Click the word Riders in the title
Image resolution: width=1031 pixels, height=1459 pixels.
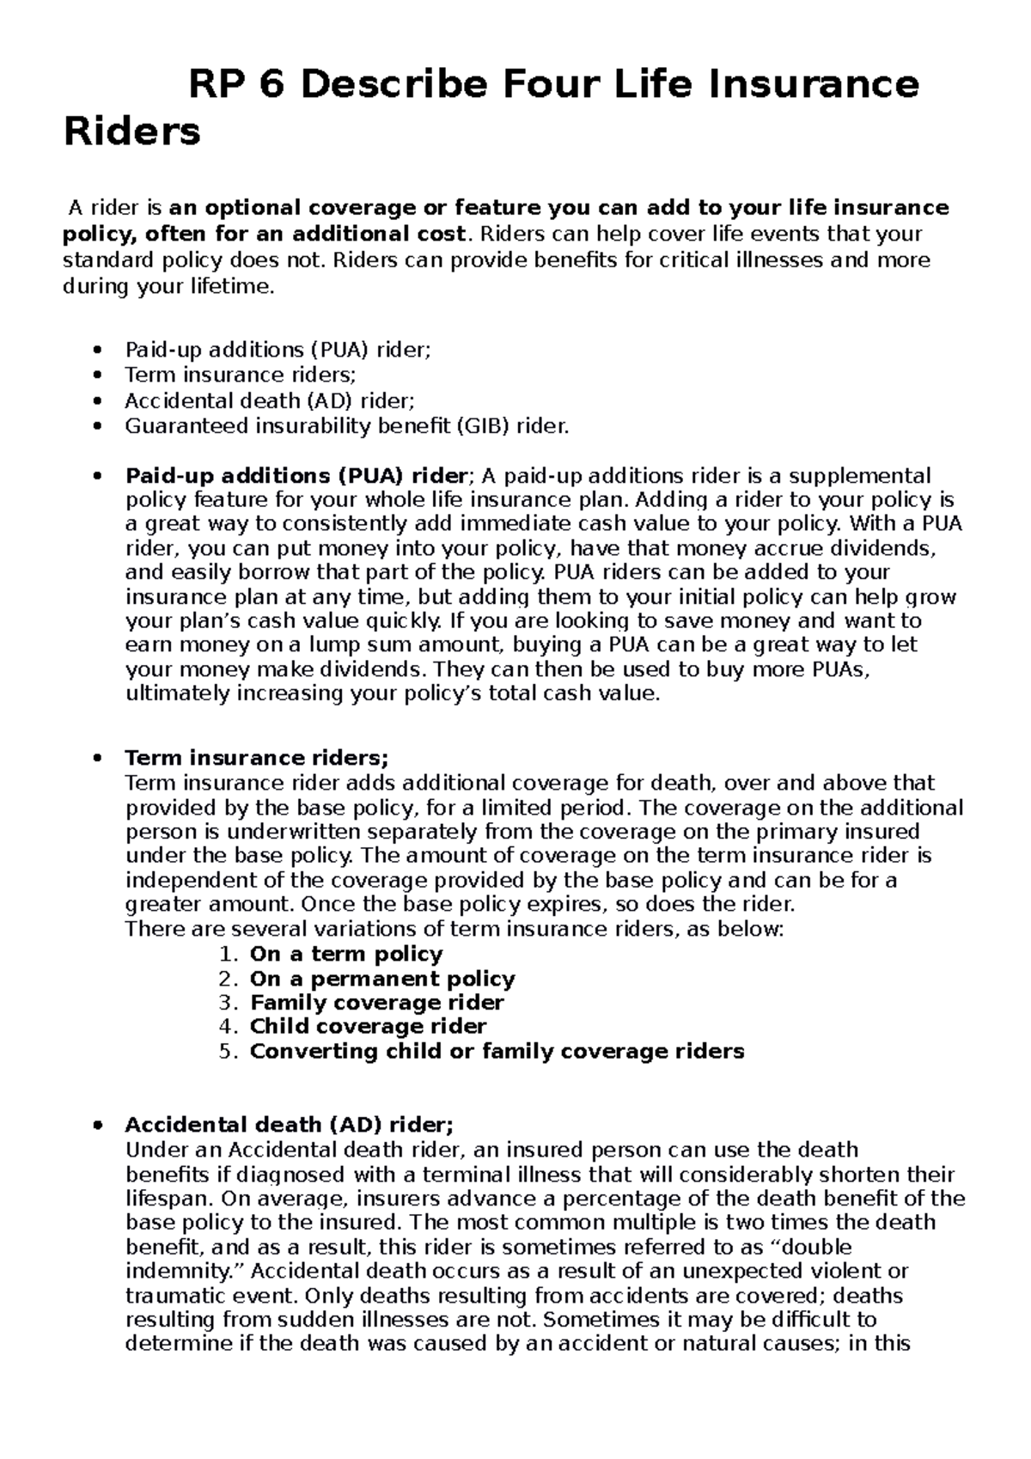[x=132, y=132]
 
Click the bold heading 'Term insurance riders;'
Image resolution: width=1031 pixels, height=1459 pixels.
[x=257, y=758]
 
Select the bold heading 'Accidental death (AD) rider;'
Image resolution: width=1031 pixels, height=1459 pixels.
[x=289, y=1125]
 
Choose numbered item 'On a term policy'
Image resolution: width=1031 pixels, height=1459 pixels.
[x=345, y=954]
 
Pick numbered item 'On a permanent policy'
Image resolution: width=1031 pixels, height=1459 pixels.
[x=381, y=979]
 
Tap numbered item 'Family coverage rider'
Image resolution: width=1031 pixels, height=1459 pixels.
[x=376, y=1003]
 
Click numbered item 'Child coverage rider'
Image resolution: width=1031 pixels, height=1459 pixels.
[x=368, y=1027]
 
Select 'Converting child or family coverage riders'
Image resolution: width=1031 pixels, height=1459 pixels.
[x=497, y=1051]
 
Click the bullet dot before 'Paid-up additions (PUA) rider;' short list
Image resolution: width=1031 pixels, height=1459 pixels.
[x=101, y=350]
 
